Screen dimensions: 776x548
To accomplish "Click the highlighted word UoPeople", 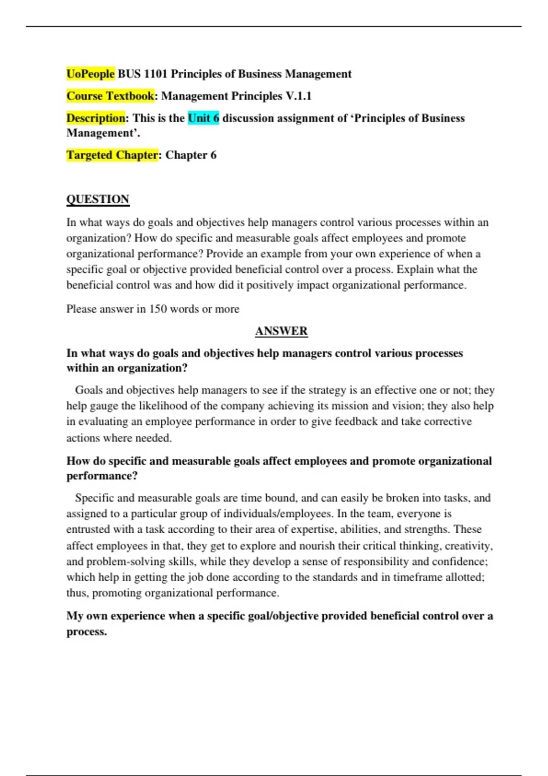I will (90, 74).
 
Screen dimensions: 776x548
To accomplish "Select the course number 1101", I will (156, 74).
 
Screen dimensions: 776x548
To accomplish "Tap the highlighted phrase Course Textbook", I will (110, 96).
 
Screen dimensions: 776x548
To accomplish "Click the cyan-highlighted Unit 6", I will (203, 118).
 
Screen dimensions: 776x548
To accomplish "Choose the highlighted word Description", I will (95, 118).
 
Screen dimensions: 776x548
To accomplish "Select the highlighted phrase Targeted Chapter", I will (112, 155).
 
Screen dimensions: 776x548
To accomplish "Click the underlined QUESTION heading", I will (98, 199).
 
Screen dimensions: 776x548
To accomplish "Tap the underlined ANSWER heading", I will (281, 331).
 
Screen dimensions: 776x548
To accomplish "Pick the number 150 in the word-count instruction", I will (158, 309).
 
